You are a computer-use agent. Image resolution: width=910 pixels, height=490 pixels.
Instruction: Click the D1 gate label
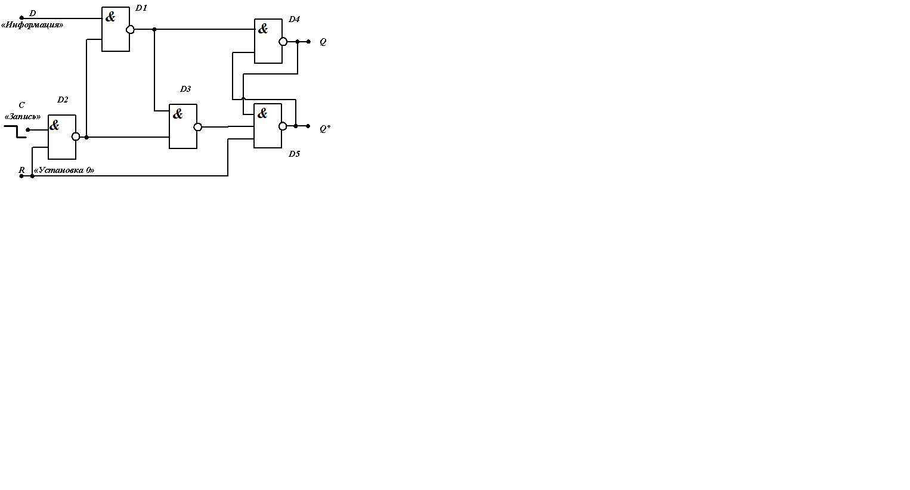[141, 8]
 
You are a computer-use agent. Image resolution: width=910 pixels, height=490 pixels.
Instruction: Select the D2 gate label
[63, 100]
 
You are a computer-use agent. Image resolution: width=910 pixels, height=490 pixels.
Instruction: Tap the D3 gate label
[185, 89]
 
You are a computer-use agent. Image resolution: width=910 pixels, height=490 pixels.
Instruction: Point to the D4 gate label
[294, 19]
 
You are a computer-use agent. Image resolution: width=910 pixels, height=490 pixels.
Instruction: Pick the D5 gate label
[294, 154]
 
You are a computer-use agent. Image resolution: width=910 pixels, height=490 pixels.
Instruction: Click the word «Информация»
[32, 25]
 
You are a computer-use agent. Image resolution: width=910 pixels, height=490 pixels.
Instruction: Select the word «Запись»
[23, 116]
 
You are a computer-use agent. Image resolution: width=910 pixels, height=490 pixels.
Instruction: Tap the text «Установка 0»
[64, 170]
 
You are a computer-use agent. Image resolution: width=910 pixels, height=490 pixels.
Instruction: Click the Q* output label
[325, 128]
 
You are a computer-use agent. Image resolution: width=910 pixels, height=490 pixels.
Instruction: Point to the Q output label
[323, 42]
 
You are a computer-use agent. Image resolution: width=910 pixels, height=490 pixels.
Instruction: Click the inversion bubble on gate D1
[131, 29]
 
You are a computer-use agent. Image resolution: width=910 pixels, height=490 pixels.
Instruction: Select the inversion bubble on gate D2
[76, 137]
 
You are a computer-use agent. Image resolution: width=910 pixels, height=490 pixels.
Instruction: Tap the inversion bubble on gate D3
[198, 127]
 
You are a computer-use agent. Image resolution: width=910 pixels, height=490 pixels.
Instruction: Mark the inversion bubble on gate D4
[283, 42]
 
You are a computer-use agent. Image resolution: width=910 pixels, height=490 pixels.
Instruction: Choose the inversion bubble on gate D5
[283, 126]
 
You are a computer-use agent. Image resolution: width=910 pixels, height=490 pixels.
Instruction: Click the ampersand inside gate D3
[178, 113]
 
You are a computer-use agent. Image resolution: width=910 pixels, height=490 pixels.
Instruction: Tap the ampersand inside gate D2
[55, 125]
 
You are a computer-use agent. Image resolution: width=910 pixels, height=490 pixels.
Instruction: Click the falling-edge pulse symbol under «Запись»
[16, 131]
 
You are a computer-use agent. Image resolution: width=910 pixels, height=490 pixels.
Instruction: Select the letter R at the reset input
[21, 170]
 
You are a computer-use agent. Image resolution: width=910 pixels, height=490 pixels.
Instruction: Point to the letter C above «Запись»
[22, 105]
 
